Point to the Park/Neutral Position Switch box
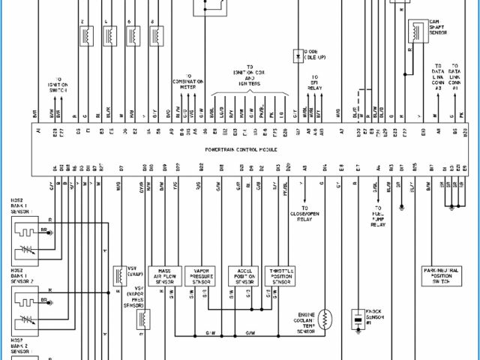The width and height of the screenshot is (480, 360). [x=442, y=276]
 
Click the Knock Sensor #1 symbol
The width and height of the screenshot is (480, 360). [x=358, y=315]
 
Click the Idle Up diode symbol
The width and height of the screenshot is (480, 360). [x=298, y=55]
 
